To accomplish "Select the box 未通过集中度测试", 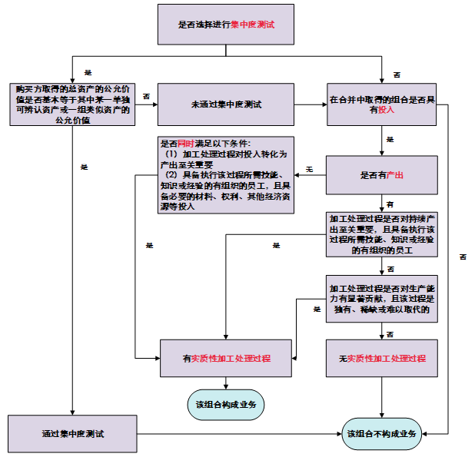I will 227,104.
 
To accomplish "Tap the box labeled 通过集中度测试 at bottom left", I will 73,434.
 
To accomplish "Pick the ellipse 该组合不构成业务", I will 382,434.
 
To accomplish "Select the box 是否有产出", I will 382,175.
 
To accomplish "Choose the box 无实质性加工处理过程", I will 382,359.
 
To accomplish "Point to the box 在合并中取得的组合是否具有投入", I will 382,104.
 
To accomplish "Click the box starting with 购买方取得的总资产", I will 73,104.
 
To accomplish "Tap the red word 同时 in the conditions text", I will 185,144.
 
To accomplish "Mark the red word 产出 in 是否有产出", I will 394,175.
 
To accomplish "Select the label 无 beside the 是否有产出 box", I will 309,168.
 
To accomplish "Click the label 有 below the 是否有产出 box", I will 390,204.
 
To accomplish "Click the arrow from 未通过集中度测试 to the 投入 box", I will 311,104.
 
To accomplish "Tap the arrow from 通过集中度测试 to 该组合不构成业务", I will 238,434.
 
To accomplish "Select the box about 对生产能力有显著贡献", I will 382,298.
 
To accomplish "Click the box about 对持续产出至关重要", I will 382,233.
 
